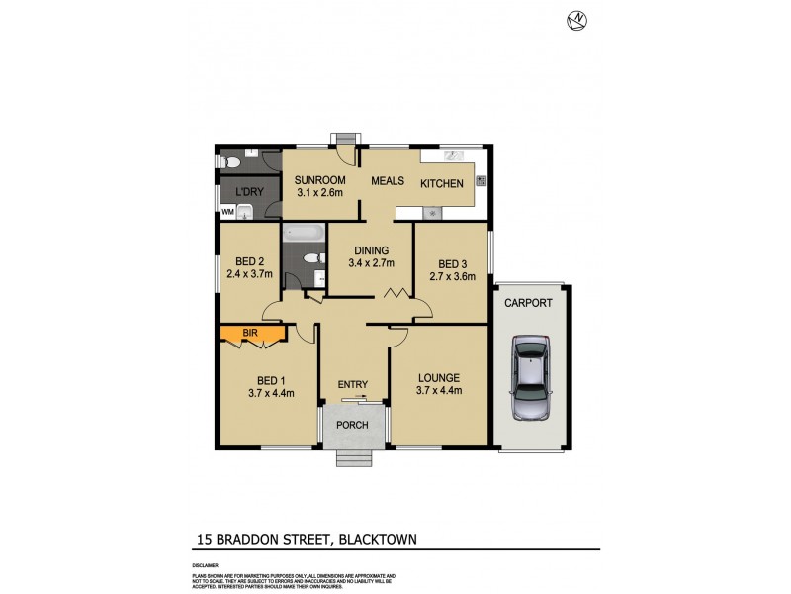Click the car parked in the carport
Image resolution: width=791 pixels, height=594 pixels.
click(531, 378)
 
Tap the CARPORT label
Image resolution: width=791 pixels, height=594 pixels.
click(528, 303)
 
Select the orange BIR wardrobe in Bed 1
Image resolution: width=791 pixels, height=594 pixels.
click(253, 335)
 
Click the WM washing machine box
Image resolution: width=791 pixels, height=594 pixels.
click(227, 211)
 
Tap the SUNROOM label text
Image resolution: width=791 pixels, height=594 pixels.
click(319, 179)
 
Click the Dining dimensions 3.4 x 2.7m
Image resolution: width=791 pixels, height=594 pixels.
click(370, 263)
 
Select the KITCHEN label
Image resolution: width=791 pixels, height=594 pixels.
click(442, 184)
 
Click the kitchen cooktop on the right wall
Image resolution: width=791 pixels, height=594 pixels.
click(481, 181)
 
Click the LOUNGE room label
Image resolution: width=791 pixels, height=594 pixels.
click(439, 377)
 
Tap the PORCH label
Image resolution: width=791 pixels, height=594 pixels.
click(353, 425)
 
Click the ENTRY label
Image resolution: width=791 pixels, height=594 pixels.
click(353, 385)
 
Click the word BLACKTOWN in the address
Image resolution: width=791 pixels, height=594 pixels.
click(378, 539)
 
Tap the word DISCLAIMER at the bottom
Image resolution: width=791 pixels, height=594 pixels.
click(206, 564)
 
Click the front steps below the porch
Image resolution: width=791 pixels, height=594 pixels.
click(353, 457)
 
